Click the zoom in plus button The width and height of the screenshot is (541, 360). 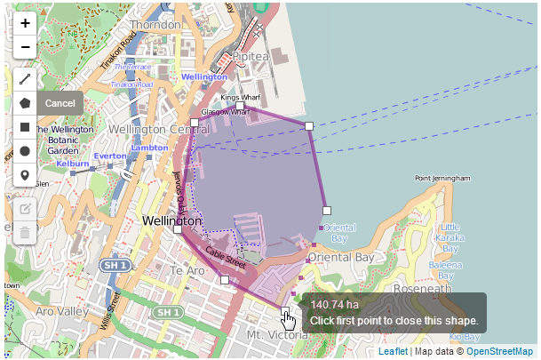pos(25,23)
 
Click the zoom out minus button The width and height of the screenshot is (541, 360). pos(25,46)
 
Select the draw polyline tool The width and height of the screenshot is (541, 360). pos(25,79)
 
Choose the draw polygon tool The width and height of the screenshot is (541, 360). pos(25,103)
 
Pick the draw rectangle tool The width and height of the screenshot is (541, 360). pos(25,127)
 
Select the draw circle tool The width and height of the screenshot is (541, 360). pos(25,151)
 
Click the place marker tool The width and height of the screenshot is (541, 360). pos(25,175)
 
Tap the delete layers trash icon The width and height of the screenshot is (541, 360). pos(25,233)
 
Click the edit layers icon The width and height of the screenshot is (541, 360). pos(25,209)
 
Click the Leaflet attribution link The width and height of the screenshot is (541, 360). pos(394,352)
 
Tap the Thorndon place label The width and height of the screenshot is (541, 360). pos(155,25)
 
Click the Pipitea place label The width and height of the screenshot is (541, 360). pos(251,57)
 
